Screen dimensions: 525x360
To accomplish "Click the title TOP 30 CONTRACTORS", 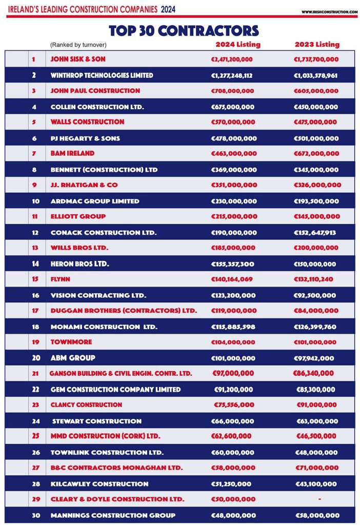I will pos(184,30).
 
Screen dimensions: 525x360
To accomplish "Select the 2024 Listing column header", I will pos(237,45).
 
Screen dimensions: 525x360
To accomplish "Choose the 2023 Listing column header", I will pos(316,45).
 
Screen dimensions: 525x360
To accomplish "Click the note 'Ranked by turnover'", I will pos(78,45).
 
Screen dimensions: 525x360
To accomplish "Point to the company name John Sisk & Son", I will pos(78,59).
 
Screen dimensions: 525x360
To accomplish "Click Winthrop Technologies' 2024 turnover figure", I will pos(232,75).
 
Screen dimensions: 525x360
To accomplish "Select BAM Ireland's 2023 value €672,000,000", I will pos(316,153).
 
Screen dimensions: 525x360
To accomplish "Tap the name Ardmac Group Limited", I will pos(95,201).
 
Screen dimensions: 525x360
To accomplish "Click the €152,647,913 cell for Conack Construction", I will pos(315,233).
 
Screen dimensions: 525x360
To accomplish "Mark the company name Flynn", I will pos(61,279).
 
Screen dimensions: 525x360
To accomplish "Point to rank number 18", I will pos(36,327).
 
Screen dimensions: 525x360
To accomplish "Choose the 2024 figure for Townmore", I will pos(233,342).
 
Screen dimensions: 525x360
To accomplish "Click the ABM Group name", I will pos(73,358).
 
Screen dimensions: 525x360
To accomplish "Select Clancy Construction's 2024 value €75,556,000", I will pos(234,405).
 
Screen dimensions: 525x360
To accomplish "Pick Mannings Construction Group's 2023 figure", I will pos(317,515).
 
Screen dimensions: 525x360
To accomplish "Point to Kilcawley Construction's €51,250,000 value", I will pos(231,484).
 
